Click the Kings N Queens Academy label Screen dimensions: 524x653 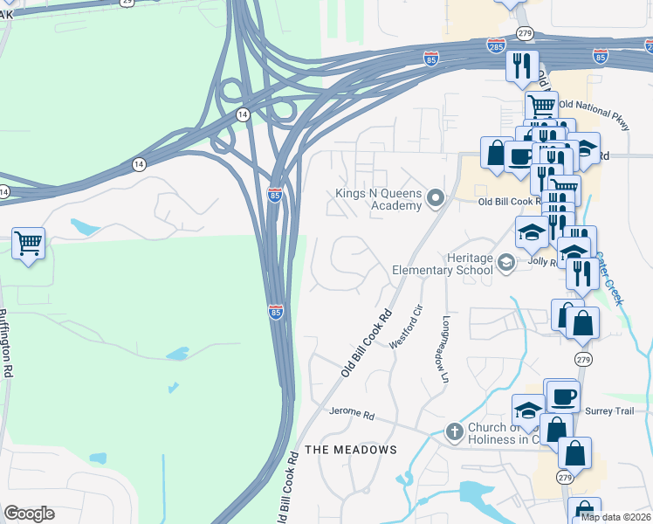[380, 199]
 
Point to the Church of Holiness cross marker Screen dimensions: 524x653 [454, 431]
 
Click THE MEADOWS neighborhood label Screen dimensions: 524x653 [351, 450]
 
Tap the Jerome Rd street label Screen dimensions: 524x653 [351, 413]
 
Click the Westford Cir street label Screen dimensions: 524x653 [406, 327]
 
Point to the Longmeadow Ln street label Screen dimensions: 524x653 [444, 349]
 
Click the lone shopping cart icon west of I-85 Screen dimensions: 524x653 [29, 243]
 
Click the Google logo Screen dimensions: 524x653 [29, 514]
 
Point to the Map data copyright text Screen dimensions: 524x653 [615, 517]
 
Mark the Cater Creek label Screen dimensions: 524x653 [611, 278]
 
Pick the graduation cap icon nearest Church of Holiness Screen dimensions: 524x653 [529, 410]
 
